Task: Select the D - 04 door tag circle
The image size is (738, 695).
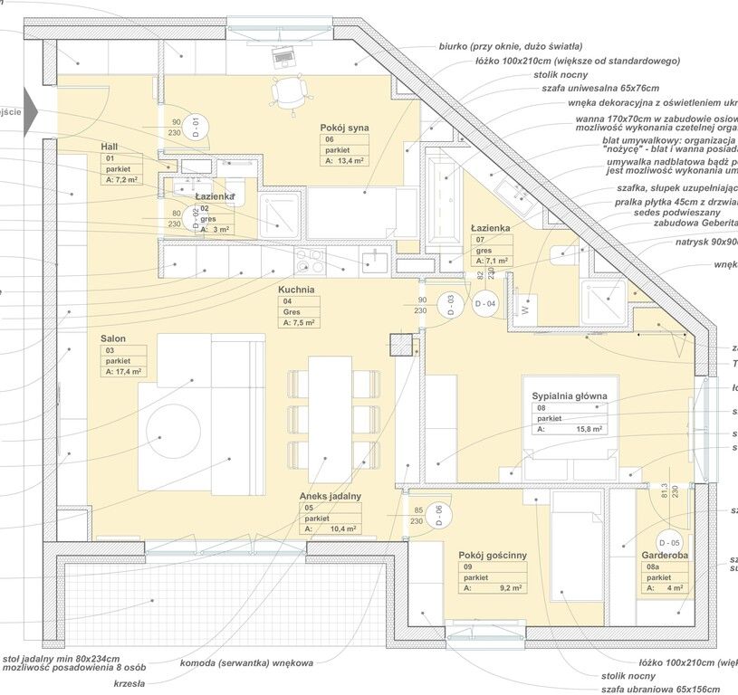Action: (x=485, y=304)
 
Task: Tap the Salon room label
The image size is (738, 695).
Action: (x=113, y=338)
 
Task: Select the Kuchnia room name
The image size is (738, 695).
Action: (x=297, y=290)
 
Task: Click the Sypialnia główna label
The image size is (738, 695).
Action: (x=570, y=396)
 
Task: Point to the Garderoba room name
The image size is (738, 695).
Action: (x=664, y=556)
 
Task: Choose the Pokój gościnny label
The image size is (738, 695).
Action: (x=493, y=555)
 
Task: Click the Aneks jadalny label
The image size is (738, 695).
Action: (x=332, y=496)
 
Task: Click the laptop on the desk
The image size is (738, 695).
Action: (x=283, y=54)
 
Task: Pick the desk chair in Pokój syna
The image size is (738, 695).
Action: (x=289, y=90)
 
